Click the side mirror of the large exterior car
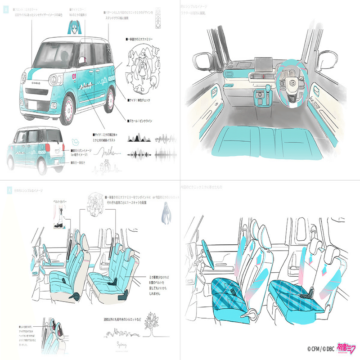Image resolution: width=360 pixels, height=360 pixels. tap(82, 60)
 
